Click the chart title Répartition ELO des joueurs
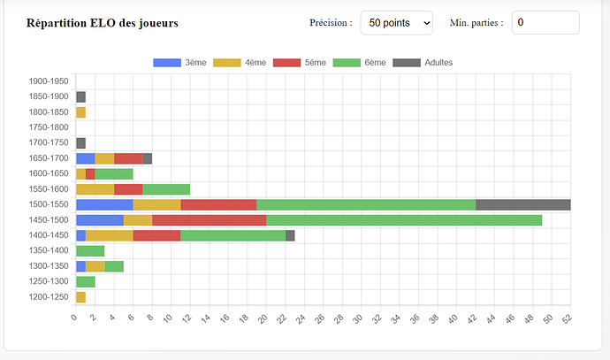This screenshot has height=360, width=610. coord(103,23)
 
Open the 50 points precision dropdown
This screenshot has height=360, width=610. coord(396,23)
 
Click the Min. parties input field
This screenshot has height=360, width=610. coord(545,23)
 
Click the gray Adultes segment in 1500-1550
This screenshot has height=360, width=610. coord(522,204)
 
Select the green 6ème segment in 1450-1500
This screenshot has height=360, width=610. coord(403,219)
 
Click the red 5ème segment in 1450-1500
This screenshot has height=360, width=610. coord(209,219)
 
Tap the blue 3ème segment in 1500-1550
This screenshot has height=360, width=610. coord(104,204)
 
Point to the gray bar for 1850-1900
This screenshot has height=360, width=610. coord(80,96)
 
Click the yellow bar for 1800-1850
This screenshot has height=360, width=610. coord(80,112)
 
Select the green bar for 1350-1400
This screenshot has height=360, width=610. coord(90,250)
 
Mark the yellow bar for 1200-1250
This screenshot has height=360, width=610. coord(80,296)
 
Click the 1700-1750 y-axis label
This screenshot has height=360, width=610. coord(48,142)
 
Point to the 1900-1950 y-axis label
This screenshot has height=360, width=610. coord(48,81)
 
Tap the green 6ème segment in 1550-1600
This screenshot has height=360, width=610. coord(166,188)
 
